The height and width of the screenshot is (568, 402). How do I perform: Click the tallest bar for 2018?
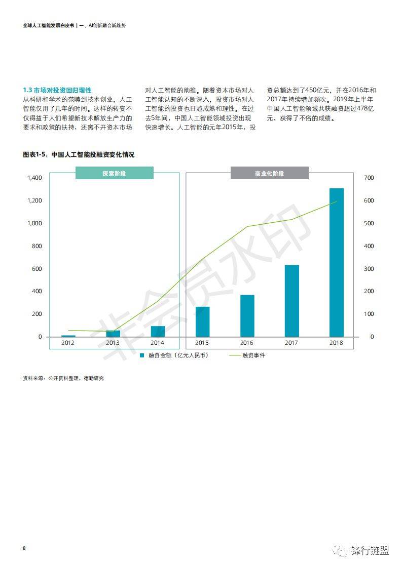click(x=336, y=262)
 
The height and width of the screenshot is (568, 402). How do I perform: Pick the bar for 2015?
click(x=202, y=321)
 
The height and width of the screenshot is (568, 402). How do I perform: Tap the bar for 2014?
click(x=158, y=331)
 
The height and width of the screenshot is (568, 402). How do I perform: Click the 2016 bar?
click(x=247, y=315)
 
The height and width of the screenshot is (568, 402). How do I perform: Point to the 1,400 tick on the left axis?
click(x=34, y=178)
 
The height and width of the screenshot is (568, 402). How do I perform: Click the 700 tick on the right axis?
click(x=369, y=178)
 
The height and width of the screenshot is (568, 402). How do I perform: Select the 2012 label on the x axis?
click(x=68, y=343)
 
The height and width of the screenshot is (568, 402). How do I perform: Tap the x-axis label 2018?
click(x=336, y=343)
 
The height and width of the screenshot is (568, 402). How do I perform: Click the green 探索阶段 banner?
click(x=114, y=173)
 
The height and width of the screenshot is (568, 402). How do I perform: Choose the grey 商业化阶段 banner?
click(x=269, y=173)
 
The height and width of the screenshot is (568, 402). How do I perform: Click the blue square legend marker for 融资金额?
click(x=142, y=355)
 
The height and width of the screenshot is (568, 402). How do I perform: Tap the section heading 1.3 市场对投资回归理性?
click(x=57, y=90)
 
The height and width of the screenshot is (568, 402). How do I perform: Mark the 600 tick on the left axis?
click(x=36, y=269)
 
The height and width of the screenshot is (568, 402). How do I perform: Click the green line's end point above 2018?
click(x=336, y=201)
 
